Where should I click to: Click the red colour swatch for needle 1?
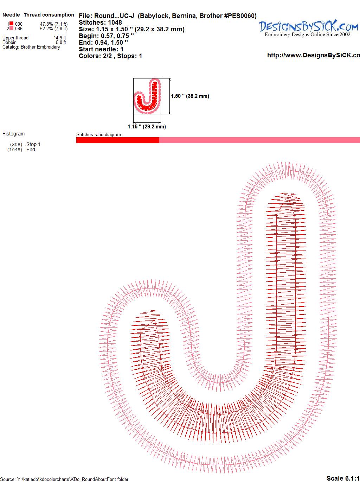[11, 24]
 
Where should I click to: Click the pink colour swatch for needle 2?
[11, 28]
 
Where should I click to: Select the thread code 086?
[19, 28]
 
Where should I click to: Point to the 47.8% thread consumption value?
[46, 24]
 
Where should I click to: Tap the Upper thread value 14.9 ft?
[60, 38]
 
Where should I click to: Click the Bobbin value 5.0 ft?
[61, 42]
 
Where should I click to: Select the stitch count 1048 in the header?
[115, 23]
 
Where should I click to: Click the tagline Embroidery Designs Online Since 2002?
[308, 34]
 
